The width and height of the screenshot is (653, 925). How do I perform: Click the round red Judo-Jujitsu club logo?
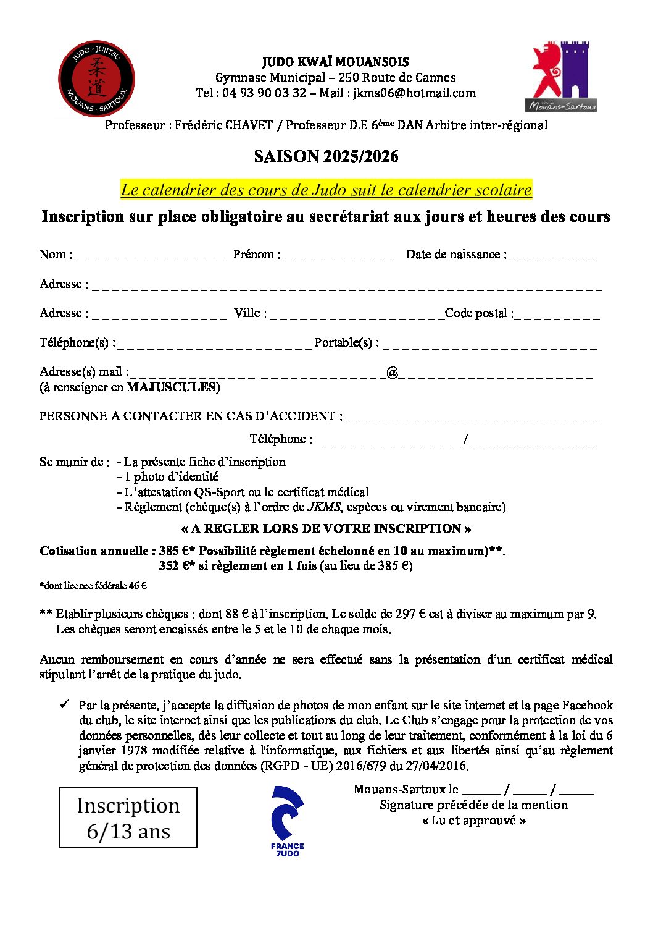[x=96, y=79]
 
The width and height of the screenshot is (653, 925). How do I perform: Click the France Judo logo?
[x=288, y=821]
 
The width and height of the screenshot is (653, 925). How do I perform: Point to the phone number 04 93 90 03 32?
[x=264, y=93]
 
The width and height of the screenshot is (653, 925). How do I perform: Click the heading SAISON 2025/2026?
[x=326, y=157]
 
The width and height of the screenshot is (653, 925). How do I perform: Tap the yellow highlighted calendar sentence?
[x=326, y=190]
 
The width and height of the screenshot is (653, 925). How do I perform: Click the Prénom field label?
[x=256, y=255]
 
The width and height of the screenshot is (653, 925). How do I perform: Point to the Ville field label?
[x=250, y=313]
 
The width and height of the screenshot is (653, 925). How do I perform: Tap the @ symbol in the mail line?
[x=392, y=372]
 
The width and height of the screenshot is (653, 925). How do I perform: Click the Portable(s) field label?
[x=346, y=342]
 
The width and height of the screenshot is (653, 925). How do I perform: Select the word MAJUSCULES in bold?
[x=171, y=387]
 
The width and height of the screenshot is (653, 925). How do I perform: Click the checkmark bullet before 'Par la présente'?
[x=64, y=704]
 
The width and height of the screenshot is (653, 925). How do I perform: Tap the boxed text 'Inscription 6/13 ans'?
[x=128, y=817]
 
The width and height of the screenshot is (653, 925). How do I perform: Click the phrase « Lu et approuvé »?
[x=474, y=821]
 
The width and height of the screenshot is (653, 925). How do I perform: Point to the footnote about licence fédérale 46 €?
[x=93, y=586]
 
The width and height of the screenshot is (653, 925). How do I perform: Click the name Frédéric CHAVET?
[x=223, y=125]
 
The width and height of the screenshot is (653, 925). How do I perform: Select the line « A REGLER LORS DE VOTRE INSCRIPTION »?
[x=326, y=529]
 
